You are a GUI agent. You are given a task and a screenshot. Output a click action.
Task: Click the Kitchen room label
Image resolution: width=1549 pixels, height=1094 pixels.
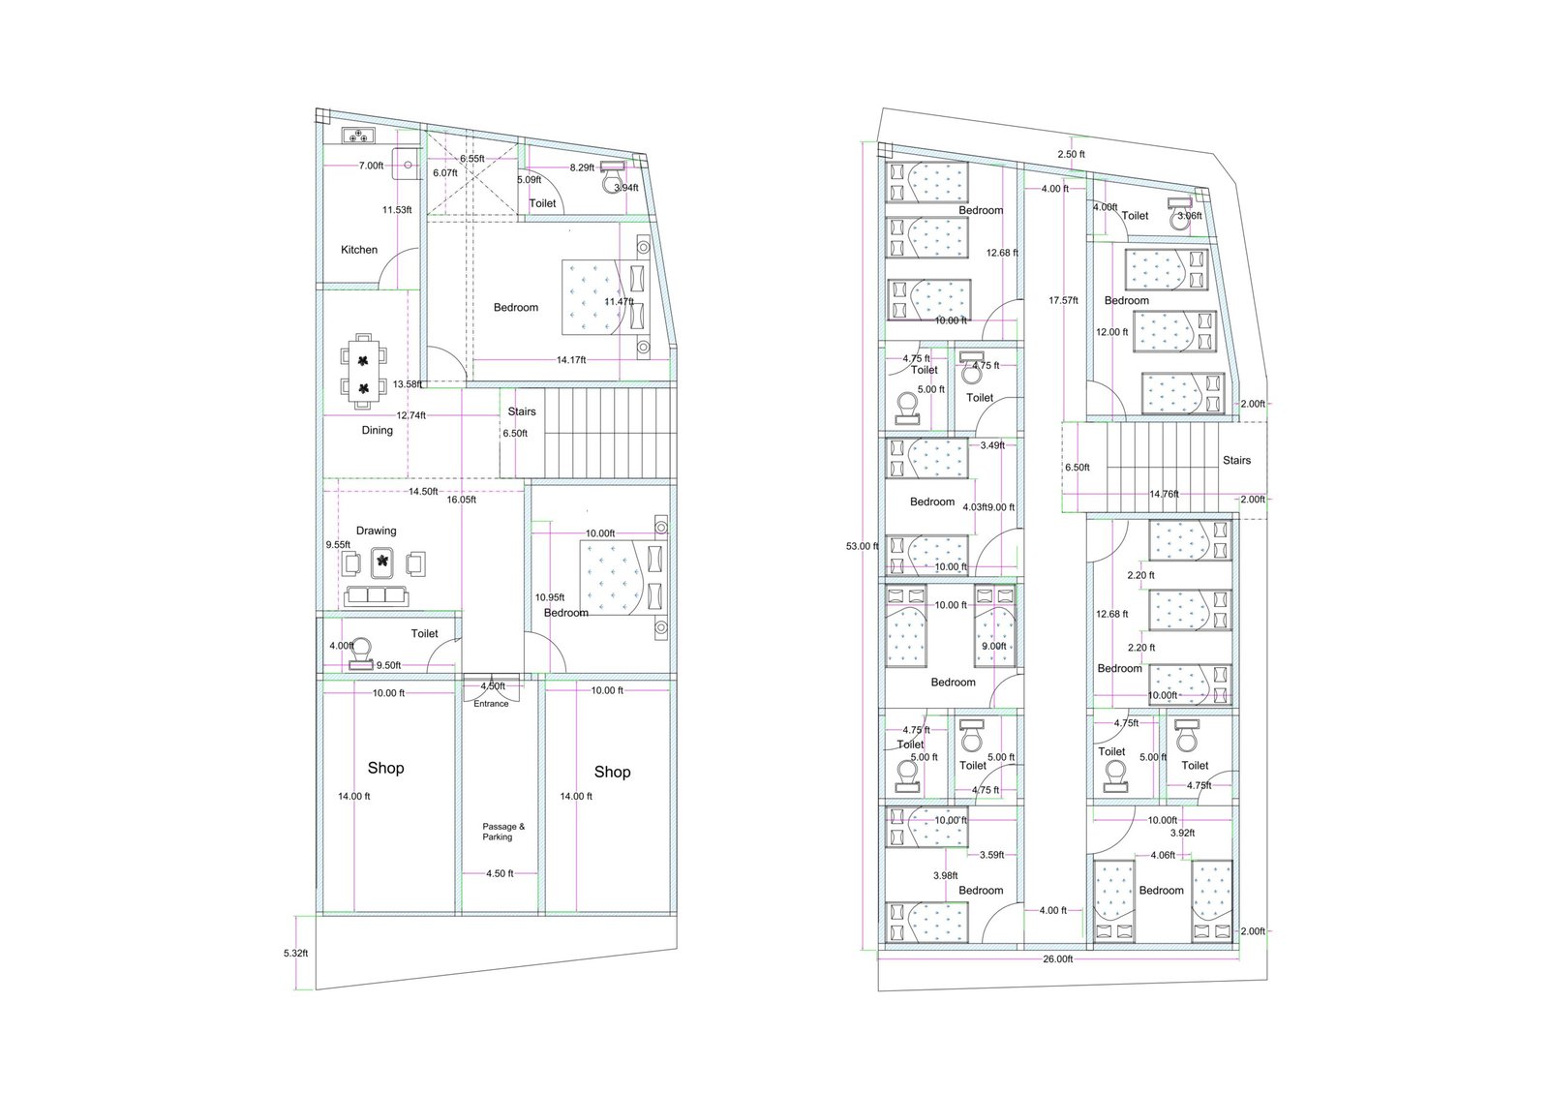click(x=359, y=250)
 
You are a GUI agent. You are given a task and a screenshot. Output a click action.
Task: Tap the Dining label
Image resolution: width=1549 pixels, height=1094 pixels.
click(x=378, y=431)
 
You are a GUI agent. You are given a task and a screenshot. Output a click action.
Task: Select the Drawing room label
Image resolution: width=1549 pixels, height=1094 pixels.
click(x=376, y=531)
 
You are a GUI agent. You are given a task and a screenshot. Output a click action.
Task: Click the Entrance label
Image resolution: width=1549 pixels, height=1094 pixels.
click(x=491, y=704)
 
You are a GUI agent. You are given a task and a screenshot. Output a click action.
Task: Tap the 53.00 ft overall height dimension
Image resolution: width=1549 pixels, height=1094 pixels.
click(x=862, y=546)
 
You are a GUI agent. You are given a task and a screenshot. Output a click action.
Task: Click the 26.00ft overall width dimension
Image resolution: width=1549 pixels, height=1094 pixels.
click(x=1058, y=958)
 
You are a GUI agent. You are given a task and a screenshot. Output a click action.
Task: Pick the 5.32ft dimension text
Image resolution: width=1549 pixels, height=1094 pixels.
click(x=295, y=953)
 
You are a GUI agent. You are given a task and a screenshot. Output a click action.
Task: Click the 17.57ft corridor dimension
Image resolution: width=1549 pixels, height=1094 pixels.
click(x=1063, y=301)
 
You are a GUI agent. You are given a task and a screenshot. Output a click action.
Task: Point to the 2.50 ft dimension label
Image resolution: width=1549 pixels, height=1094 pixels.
click(x=1071, y=154)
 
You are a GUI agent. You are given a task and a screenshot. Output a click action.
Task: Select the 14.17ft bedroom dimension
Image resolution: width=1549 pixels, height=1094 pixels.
click(x=570, y=360)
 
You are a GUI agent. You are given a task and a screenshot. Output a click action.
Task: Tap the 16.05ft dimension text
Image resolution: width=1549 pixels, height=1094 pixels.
click(x=461, y=501)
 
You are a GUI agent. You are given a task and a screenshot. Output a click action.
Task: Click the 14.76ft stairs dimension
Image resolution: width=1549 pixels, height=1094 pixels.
click(x=1164, y=494)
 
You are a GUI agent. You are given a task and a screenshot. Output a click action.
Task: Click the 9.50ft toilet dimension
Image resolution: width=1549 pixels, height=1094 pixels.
click(x=388, y=665)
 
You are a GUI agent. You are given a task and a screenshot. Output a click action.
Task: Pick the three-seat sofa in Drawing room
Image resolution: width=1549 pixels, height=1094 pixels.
click(x=375, y=594)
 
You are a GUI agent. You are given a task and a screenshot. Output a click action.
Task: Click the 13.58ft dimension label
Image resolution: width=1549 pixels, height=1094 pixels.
click(x=407, y=384)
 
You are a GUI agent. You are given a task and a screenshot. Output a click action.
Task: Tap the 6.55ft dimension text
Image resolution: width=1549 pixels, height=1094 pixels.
click(x=471, y=158)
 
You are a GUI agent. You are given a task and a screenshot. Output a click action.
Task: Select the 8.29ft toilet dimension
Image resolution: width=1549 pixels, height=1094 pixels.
click(x=582, y=167)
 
